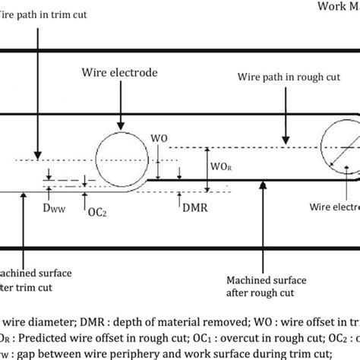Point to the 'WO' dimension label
[161, 139]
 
